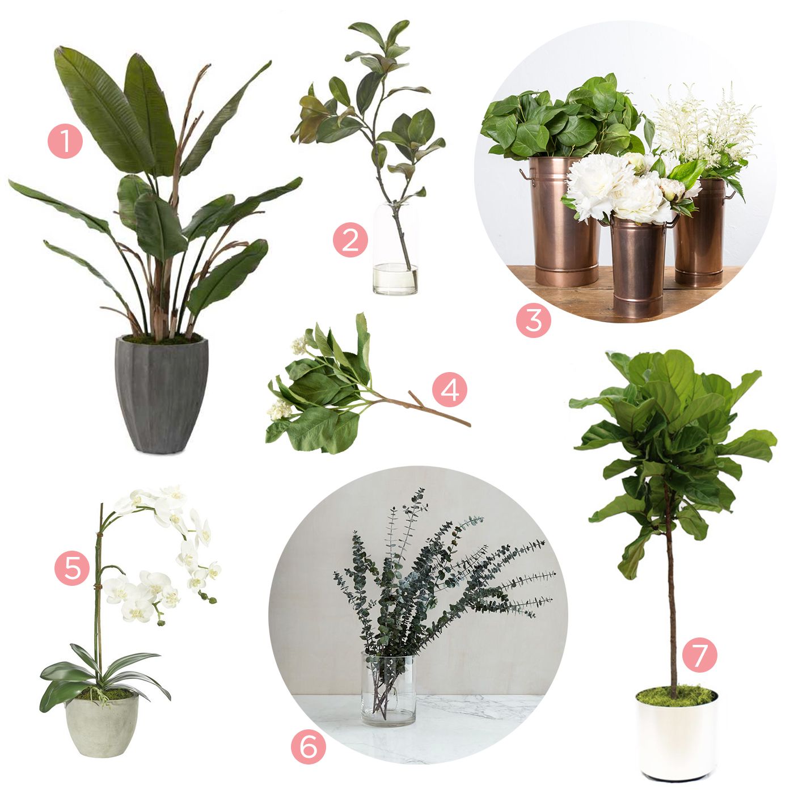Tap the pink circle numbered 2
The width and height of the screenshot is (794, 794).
point(350,240)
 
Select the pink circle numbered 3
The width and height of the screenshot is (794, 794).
point(533,320)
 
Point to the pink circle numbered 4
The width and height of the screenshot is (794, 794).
point(450,390)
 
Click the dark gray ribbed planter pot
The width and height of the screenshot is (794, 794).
point(161,395)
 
